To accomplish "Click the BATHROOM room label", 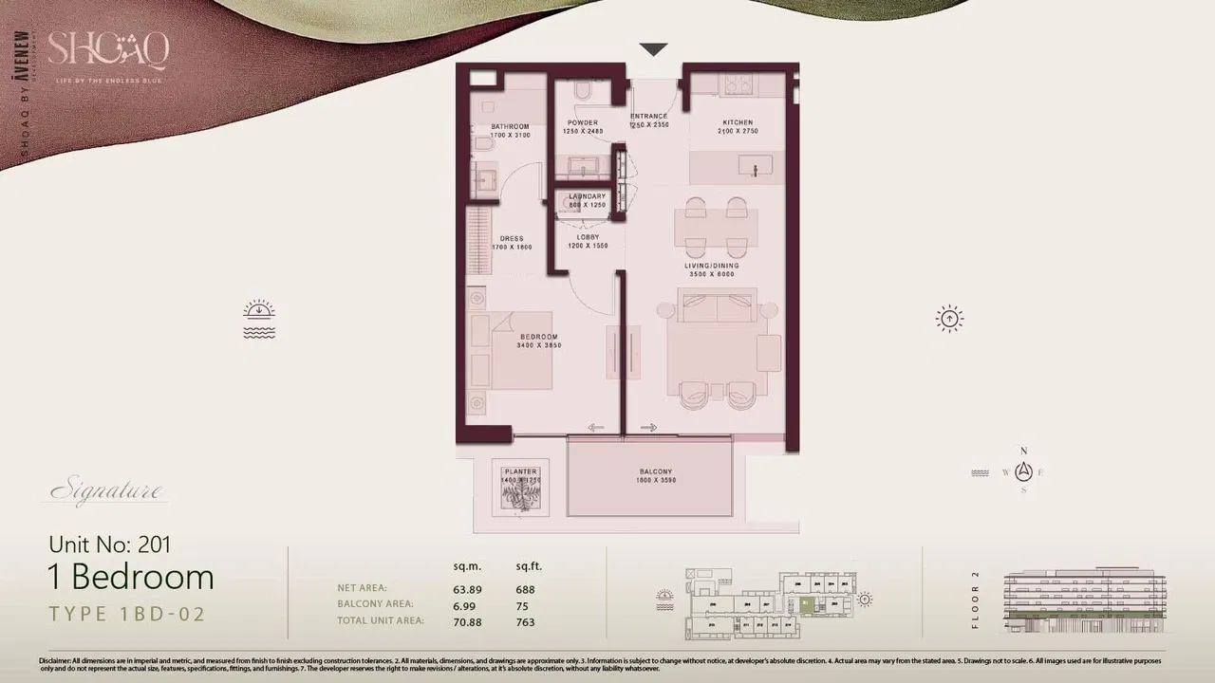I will [x=510, y=126].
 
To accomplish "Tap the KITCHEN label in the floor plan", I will [x=738, y=122].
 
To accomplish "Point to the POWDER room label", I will [x=583, y=122].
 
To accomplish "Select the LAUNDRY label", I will [x=587, y=196].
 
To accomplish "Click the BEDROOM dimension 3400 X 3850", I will [x=539, y=346].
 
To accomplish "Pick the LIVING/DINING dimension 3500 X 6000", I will [x=712, y=274].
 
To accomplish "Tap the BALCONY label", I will [x=655, y=471].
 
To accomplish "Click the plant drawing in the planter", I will [x=520, y=496].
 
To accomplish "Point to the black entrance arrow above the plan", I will [x=653, y=49].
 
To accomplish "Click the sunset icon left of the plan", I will [x=259, y=320].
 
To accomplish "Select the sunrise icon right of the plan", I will [x=949, y=319].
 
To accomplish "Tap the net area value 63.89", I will [x=467, y=589].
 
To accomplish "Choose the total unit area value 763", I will [x=525, y=622].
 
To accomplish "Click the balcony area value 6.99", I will [x=464, y=605].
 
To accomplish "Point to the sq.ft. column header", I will [x=529, y=566].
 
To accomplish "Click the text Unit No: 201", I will [x=110, y=545].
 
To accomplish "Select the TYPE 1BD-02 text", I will [x=127, y=614].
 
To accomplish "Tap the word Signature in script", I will [x=106, y=491].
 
